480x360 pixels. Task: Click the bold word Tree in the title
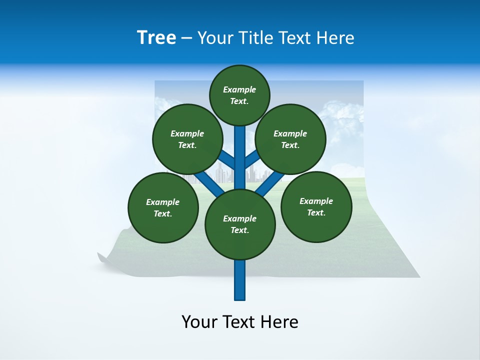pyautogui.click(x=156, y=37)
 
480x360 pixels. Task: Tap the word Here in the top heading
pyautogui.click(x=335, y=38)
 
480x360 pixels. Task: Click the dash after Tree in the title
pyautogui.click(x=186, y=38)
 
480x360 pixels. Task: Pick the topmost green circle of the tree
pyautogui.click(x=239, y=95)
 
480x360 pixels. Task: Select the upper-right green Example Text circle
pyautogui.click(x=290, y=139)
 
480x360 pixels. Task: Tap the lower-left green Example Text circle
pyautogui.click(x=163, y=207)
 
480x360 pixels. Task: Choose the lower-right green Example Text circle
pyautogui.click(x=316, y=206)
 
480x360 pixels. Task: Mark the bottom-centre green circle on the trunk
pyautogui.click(x=240, y=224)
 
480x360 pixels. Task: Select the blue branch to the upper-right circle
pyautogui.click(x=252, y=160)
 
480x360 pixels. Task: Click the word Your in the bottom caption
pyautogui.click(x=199, y=322)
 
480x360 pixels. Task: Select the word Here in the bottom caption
pyautogui.click(x=279, y=322)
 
